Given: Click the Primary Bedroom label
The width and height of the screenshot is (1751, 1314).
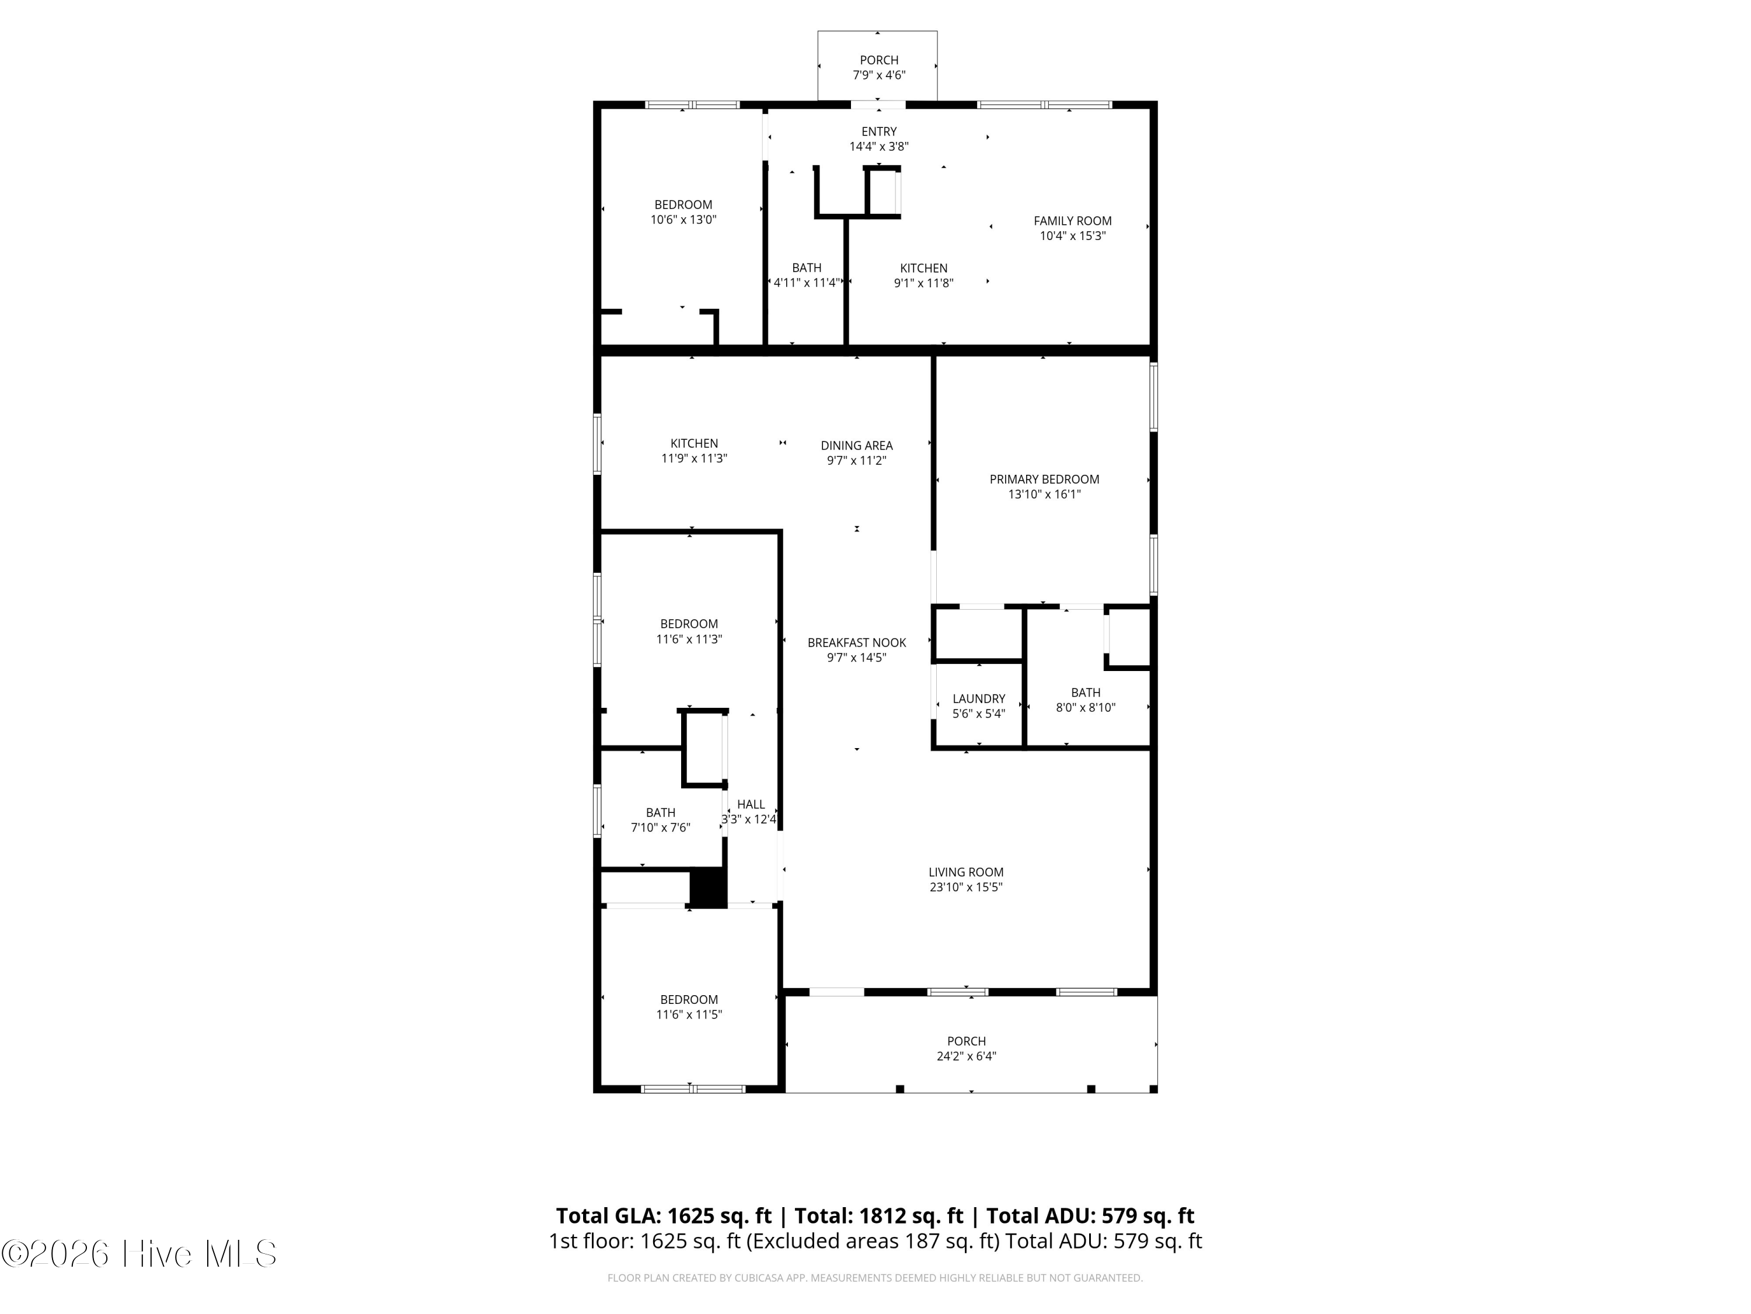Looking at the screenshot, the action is [1044, 479].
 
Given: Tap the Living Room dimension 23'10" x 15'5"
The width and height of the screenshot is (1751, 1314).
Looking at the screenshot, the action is [966, 887].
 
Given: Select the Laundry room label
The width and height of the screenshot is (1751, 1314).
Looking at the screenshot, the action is [978, 698].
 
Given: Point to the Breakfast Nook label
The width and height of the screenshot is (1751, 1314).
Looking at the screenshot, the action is [856, 642].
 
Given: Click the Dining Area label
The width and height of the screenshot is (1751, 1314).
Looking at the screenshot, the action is [856, 445].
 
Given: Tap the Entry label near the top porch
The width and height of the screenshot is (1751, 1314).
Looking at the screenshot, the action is [878, 131].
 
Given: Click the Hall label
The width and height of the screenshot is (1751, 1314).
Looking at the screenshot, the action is [751, 804].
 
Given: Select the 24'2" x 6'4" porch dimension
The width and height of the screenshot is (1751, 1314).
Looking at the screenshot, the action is [967, 1056].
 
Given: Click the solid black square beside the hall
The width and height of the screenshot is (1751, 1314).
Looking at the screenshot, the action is [709, 888].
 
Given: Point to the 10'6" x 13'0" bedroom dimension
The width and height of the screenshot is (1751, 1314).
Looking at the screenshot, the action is [683, 220].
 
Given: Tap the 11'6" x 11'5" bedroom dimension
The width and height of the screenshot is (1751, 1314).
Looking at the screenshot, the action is [689, 1014].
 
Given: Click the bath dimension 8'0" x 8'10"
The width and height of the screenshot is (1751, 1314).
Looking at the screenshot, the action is [1085, 707].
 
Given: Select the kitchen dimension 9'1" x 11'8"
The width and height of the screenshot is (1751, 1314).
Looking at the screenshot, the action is [923, 283].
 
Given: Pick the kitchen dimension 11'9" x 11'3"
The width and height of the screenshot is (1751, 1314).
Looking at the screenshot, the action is [694, 458].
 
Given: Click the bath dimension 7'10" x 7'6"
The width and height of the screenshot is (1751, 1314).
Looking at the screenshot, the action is [660, 828].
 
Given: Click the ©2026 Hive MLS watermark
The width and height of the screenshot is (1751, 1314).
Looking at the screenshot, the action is [139, 1253].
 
